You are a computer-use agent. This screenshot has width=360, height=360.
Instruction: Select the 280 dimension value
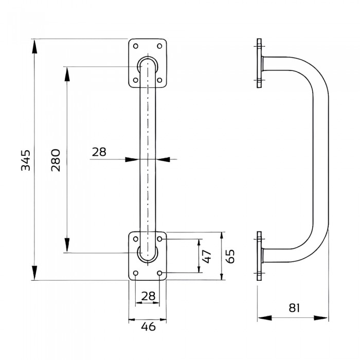[x=56, y=160]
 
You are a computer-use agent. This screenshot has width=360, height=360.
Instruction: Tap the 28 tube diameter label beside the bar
[x=99, y=152]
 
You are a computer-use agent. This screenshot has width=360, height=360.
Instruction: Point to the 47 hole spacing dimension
[x=207, y=256]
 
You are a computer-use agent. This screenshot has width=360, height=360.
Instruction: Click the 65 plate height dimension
[x=231, y=256]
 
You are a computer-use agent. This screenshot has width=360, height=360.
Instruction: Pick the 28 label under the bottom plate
[x=148, y=296]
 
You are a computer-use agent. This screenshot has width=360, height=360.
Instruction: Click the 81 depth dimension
[x=294, y=309]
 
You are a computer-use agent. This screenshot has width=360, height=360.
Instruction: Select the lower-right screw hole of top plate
[x=159, y=80]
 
